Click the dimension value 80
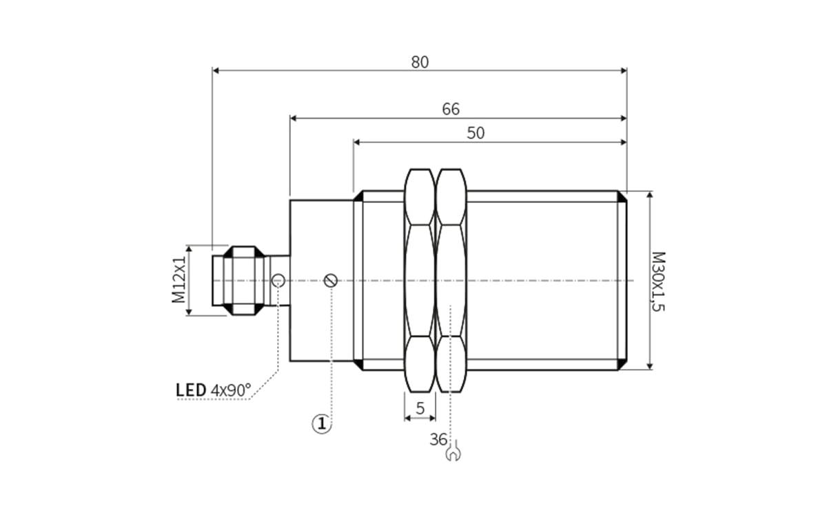pyautogui.click(x=420, y=62)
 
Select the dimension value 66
pyautogui.click(x=451, y=110)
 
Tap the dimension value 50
pyautogui.click(x=476, y=134)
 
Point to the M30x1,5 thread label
pyautogui.click(x=658, y=281)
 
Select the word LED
pyautogui.click(x=191, y=390)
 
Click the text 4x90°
pyautogui.click(x=231, y=390)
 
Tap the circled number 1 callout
pyautogui.click(x=322, y=423)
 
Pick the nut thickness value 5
pyautogui.click(x=420, y=408)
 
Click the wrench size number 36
pyautogui.click(x=438, y=439)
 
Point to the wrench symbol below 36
pyautogui.click(x=453, y=454)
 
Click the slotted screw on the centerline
pyautogui.click(x=331, y=281)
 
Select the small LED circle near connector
pyautogui.click(x=278, y=280)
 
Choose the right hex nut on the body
pyautogui.click(x=451, y=280)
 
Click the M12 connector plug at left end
pyautogui.click(x=238, y=281)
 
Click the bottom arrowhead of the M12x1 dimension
pyautogui.click(x=188, y=311)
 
